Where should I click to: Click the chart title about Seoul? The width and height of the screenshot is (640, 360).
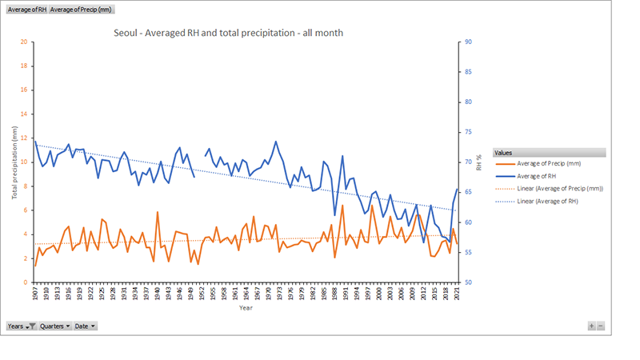coord(229,33)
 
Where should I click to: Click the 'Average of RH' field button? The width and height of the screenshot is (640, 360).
coord(26,9)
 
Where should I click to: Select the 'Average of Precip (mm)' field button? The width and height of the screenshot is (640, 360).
coord(81,9)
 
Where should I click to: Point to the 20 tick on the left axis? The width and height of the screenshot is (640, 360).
coord(23,42)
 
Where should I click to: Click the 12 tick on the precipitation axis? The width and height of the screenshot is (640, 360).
coord(23,138)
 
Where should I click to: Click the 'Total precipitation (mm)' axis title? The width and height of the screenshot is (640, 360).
coord(14,162)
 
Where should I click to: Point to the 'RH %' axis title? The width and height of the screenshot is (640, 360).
coord(480,162)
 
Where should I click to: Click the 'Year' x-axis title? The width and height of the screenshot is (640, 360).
coord(246,306)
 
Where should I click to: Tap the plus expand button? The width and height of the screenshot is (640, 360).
coord(591,326)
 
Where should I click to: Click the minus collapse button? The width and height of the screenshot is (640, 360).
coord(600,326)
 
